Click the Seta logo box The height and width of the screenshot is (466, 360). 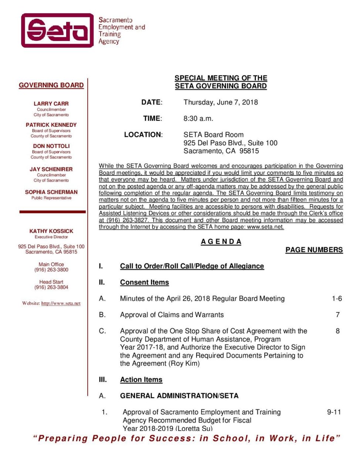point(57,30)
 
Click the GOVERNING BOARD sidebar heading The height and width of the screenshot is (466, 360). point(51,85)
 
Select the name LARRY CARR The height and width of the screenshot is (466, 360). point(51,104)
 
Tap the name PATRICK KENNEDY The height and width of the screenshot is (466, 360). point(51,125)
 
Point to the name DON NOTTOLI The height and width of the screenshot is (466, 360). point(51,146)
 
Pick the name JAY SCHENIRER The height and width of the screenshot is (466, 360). point(51,169)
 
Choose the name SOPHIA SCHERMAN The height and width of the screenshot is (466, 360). point(51,192)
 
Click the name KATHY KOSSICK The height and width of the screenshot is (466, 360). point(51,231)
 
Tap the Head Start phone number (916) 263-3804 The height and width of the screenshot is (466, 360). point(51,287)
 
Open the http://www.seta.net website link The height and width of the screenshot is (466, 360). point(61,304)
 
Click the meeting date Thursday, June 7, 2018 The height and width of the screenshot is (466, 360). point(221,102)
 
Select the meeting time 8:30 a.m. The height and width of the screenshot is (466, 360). point(198,119)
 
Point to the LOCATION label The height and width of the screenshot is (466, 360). point(143,135)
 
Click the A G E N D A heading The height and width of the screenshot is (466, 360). point(221,242)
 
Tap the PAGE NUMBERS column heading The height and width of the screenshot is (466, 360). point(314,250)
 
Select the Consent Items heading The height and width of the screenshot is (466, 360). point(144,283)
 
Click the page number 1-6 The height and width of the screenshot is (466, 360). point(337,298)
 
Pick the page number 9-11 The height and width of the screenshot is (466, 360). point(334,412)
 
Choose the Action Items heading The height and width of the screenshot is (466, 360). point(141,380)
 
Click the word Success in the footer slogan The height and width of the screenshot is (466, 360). point(171,439)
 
